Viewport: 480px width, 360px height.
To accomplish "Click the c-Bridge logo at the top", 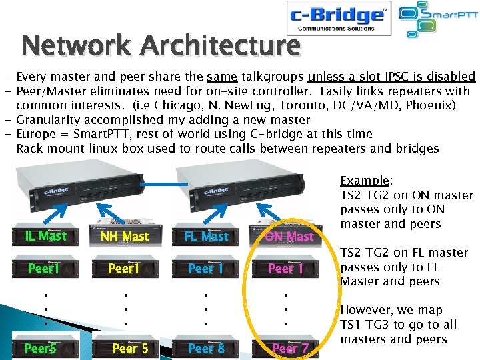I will (339, 18).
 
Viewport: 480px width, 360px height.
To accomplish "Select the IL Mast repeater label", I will (45, 236).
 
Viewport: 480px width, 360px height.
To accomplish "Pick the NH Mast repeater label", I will (125, 237).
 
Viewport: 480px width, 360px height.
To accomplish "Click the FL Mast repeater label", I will (206, 237).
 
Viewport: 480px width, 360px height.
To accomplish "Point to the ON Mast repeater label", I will (289, 237).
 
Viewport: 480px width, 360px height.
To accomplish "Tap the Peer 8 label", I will (207, 349).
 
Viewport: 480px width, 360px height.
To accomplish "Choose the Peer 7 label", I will (290, 349).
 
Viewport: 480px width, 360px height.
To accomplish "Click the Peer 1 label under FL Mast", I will (206, 269).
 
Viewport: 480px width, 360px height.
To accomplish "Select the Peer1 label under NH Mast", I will (124, 269).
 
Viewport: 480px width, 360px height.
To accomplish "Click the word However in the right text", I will (365, 310).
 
